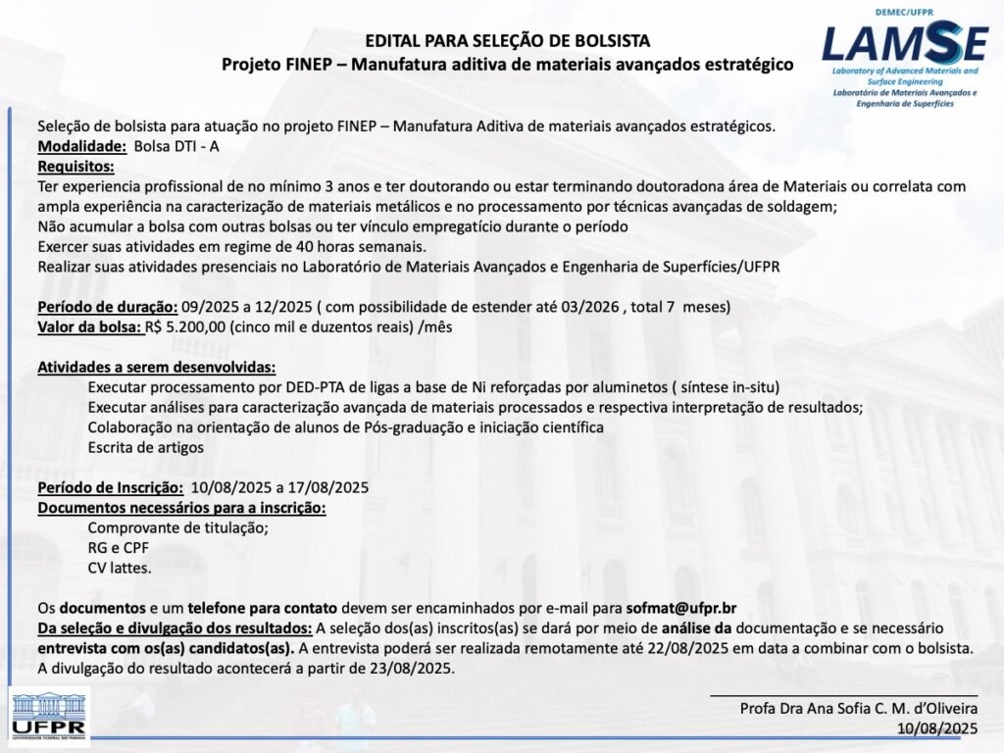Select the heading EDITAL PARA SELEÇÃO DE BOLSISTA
pyautogui.click(x=507, y=41)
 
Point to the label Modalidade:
pyautogui.click(x=81, y=146)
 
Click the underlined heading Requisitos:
pyautogui.click(x=76, y=166)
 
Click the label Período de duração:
pyautogui.click(x=108, y=307)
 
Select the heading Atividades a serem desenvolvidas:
pyautogui.click(x=157, y=368)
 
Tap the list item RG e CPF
pyautogui.click(x=119, y=548)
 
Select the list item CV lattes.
pyautogui.click(x=120, y=568)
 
